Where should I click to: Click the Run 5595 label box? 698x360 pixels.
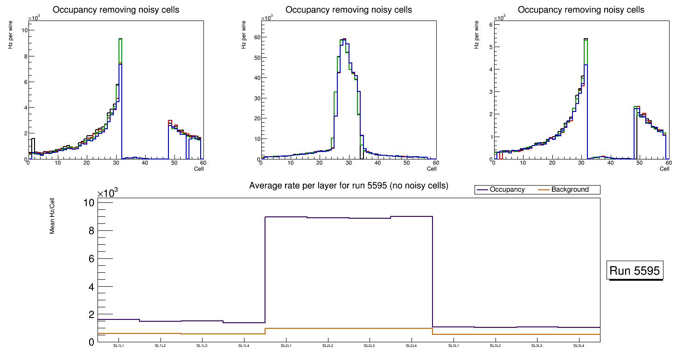(x=635, y=270)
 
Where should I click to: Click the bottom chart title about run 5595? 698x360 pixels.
(x=349, y=186)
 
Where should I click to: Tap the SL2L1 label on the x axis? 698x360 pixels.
(x=286, y=346)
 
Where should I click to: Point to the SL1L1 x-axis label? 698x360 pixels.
(x=119, y=346)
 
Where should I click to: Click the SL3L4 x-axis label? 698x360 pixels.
(x=579, y=346)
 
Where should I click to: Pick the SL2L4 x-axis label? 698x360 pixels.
(x=411, y=346)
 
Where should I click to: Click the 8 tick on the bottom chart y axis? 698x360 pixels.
(x=91, y=231)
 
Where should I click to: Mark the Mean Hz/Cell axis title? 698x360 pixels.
(x=52, y=215)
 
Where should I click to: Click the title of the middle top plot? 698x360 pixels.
(x=349, y=10)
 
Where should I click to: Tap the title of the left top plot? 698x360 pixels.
(x=116, y=10)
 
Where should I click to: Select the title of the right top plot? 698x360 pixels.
(x=581, y=10)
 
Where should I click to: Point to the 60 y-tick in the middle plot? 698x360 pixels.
(x=256, y=37)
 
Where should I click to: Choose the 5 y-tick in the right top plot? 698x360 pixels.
(x=490, y=47)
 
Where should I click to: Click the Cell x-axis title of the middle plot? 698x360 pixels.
(x=432, y=168)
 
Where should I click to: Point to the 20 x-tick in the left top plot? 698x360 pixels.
(x=86, y=163)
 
